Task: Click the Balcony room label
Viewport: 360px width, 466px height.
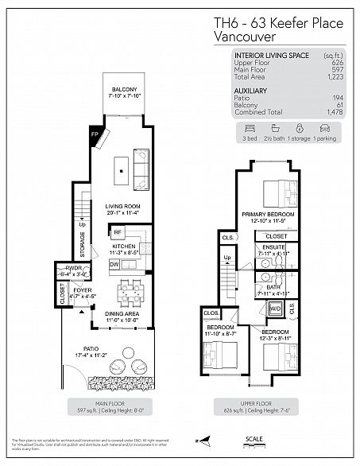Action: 122,89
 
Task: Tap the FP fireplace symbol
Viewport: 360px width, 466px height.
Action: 95,135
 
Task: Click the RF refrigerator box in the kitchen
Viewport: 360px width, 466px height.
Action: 117,232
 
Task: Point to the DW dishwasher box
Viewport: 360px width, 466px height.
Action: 114,263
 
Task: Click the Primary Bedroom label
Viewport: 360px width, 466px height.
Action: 268,215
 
